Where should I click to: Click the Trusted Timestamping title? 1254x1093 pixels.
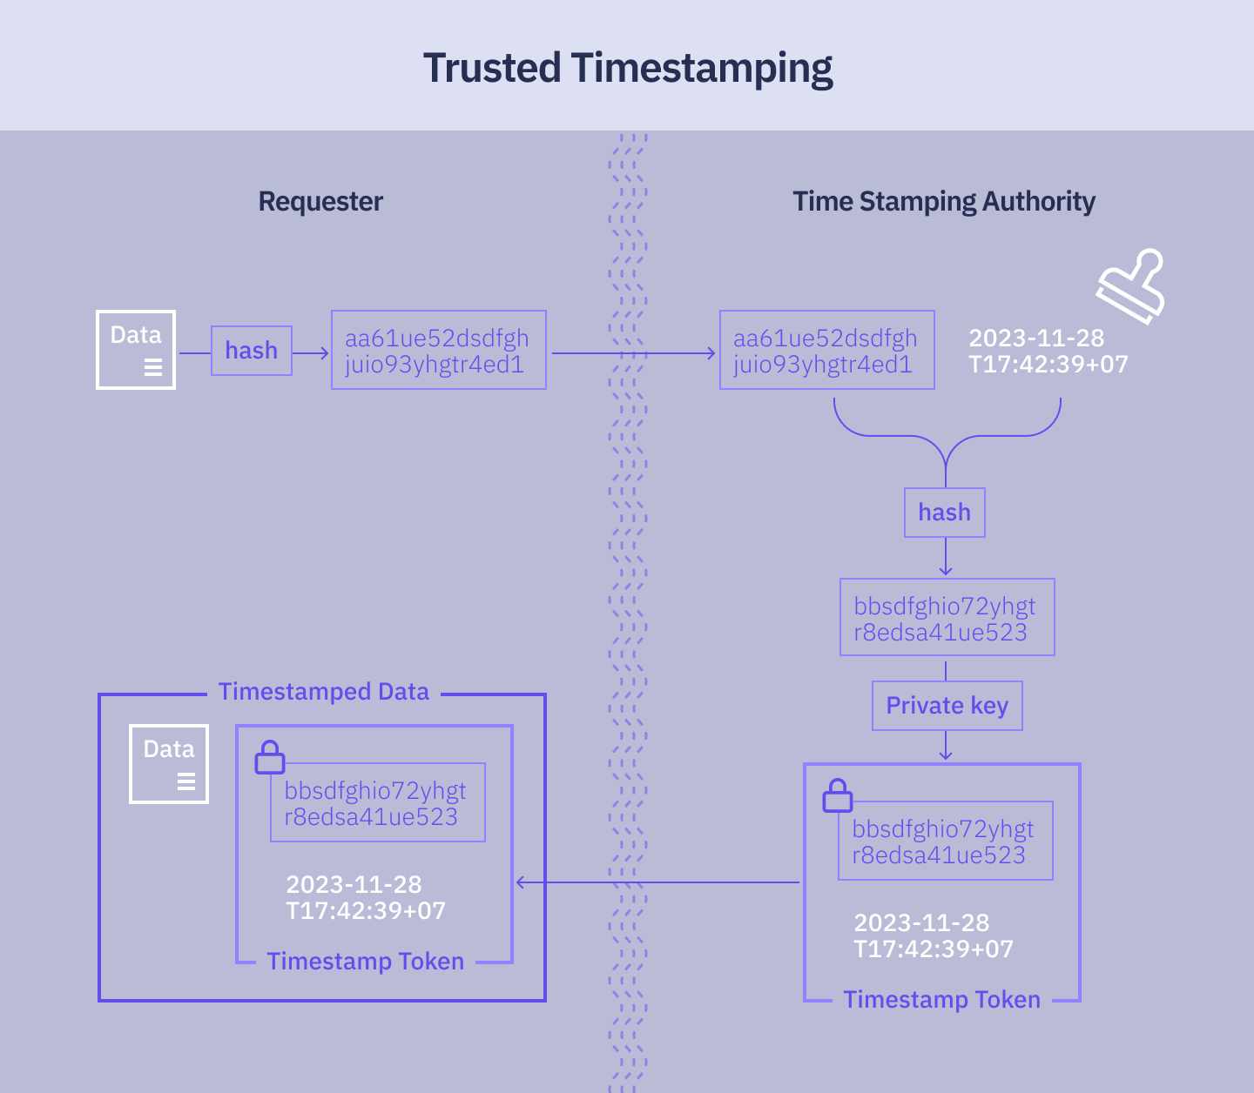627,68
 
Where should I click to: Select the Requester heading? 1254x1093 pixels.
320,202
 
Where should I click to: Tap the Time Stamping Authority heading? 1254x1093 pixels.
943,202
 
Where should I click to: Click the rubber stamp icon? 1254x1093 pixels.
1131,285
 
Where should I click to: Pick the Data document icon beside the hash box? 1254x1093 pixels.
136,350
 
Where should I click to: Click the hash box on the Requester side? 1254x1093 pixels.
252,351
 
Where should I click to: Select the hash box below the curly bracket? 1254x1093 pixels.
945,513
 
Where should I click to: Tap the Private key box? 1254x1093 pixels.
947,706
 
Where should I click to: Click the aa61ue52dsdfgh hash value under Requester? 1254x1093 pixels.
438,351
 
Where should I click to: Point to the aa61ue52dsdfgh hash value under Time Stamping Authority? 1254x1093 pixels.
826,351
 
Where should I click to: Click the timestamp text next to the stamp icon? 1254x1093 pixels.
1048,351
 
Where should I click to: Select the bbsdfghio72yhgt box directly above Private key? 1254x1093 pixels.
947,618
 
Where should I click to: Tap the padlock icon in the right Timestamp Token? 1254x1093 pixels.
838,795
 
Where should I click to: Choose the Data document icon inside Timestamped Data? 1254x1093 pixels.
169,764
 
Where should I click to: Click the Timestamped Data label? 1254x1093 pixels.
323,692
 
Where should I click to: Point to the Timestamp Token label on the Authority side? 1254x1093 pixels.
941,1000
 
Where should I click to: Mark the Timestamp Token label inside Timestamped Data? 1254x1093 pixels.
365,962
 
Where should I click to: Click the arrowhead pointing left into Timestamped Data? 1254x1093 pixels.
522,882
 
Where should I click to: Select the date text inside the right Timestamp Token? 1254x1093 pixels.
933,935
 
